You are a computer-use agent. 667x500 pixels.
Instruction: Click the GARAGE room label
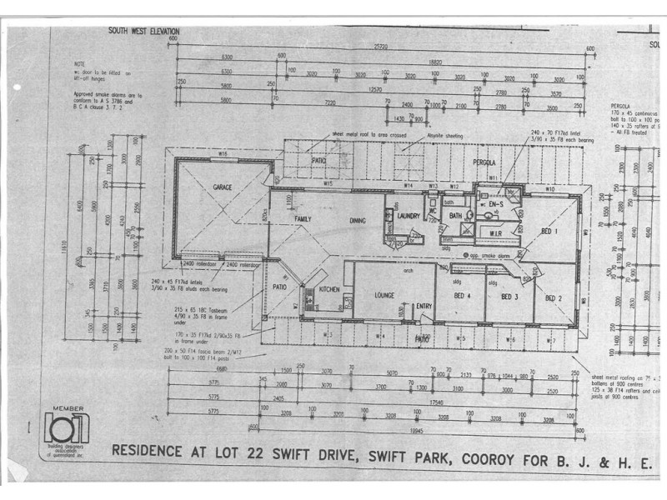[x=222, y=187]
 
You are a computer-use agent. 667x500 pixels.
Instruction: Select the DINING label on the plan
[x=358, y=220]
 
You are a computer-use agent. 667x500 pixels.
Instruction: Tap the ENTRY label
[x=424, y=306]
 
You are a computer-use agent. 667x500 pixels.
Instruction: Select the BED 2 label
[x=553, y=297]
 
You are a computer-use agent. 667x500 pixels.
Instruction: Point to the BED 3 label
[x=509, y=297]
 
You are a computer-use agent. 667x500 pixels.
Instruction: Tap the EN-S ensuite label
[x=497, y=203]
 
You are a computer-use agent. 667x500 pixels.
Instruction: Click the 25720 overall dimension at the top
[x=383, y=47]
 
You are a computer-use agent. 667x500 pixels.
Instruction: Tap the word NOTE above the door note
[x=79, y=62]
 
